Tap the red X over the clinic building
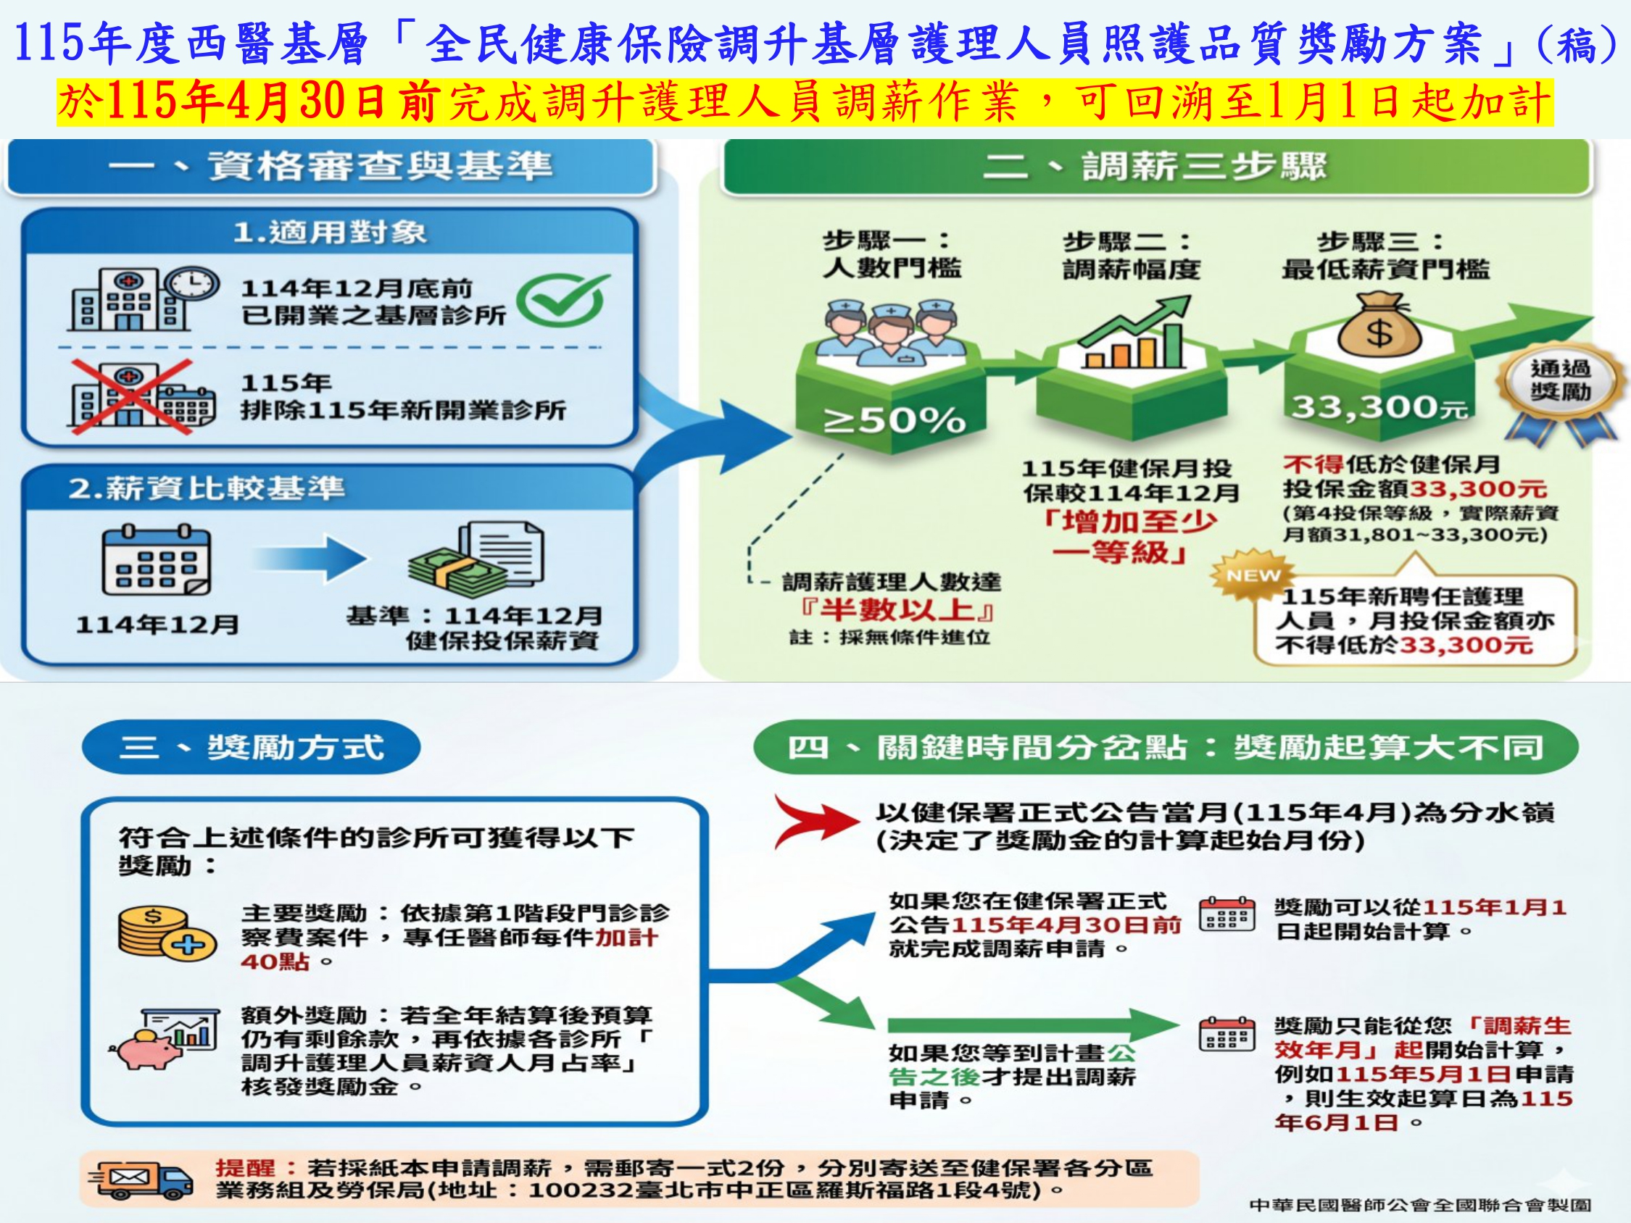point(131,396)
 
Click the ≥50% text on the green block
point(895,421)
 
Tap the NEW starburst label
point(1253,575)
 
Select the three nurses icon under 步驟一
point(894,332)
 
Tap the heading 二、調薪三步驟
point(1155,166)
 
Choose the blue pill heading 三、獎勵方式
point(251,748)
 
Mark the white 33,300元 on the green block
point(1379,407)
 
